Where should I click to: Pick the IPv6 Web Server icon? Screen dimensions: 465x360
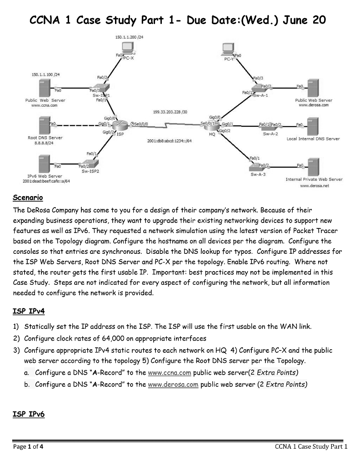point(45,163)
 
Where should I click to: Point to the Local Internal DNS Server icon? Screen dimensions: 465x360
point(312,125)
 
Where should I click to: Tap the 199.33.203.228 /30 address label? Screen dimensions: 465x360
point(166,112)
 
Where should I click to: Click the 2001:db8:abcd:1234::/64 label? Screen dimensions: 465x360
point(170,141)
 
